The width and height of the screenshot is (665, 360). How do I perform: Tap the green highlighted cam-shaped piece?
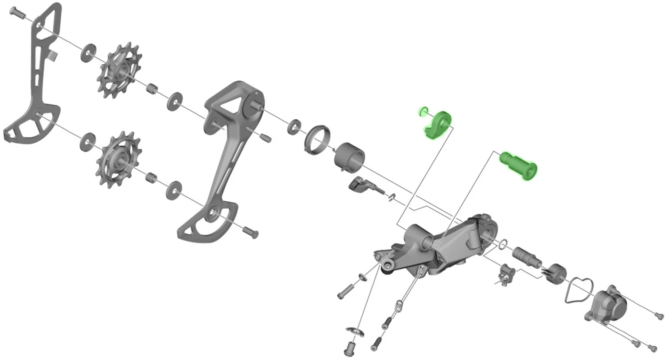click(x=438, y=124)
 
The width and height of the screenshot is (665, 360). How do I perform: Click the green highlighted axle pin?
click(x=519, y=165)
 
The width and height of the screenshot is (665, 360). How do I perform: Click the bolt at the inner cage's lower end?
click(x=250, y=232)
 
